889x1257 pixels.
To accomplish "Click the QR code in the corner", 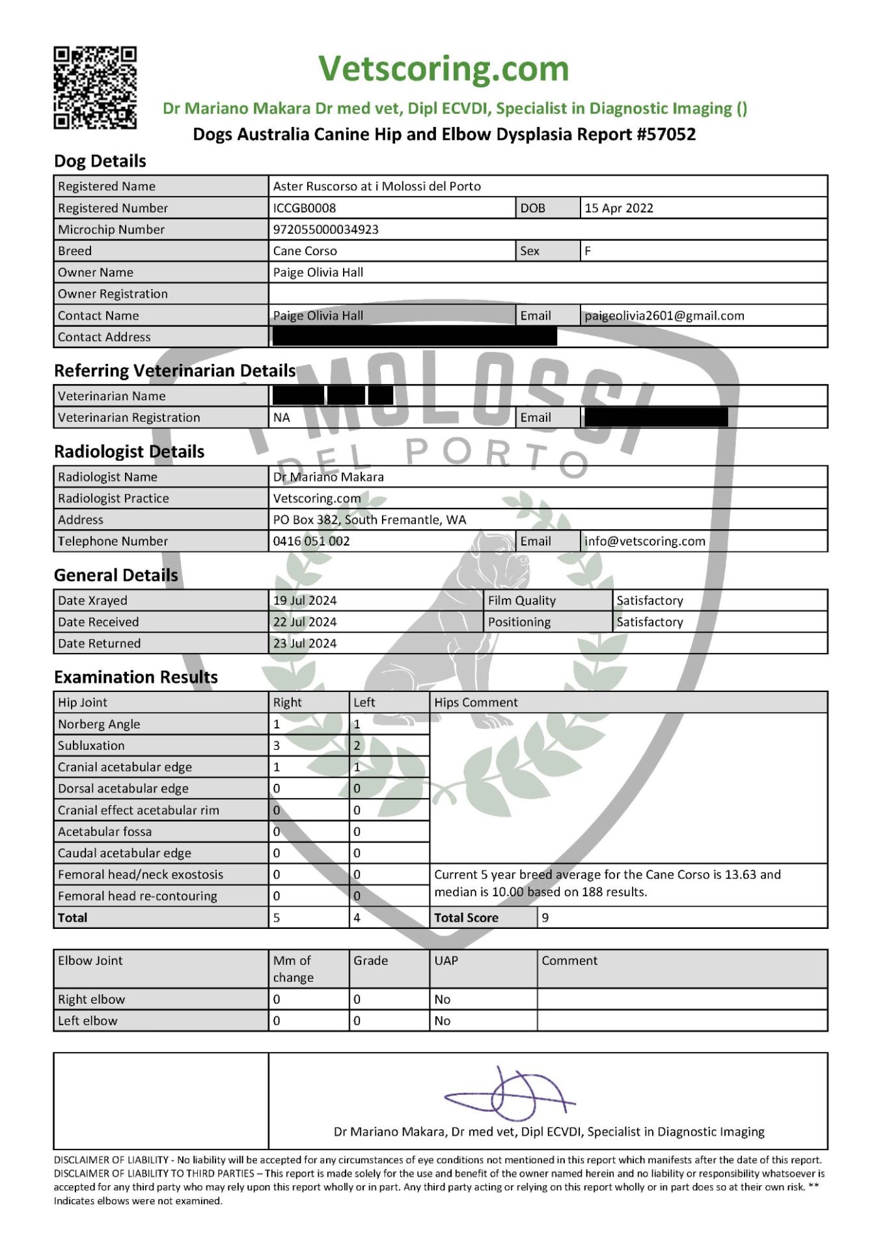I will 95,88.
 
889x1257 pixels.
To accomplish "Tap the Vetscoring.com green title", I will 443,68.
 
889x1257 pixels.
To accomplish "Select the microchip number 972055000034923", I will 325,229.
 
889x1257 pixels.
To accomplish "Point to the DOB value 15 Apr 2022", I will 618,208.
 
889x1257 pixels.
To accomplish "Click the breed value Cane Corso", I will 305,251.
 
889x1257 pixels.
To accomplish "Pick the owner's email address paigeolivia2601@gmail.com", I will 664,316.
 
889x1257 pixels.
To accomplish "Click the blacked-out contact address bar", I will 415,337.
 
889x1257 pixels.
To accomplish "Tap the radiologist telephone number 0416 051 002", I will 311,541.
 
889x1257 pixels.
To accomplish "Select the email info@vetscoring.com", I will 644,541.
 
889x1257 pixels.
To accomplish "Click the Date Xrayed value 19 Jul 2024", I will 305,600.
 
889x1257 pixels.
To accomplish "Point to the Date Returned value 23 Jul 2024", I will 305,643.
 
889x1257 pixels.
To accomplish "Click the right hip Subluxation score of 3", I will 277,745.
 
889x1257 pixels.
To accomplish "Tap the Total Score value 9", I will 545,917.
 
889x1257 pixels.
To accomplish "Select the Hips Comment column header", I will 476,702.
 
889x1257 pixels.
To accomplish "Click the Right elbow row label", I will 91,999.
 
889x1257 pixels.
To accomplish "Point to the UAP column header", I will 446,960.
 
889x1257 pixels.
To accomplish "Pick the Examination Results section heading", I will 135,677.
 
